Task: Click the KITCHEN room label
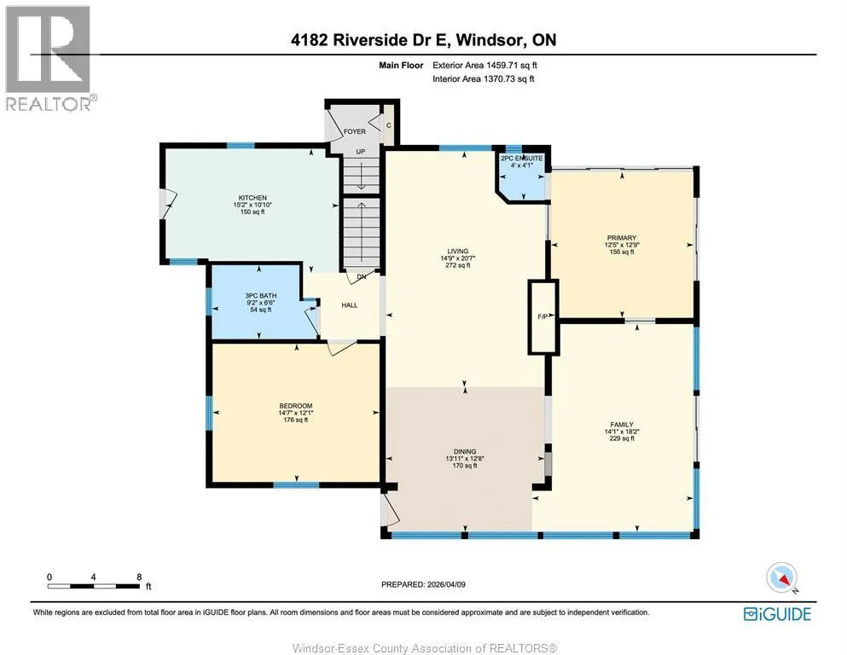[252, 198]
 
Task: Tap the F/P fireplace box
[542, 317]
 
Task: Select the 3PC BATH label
[261, 295]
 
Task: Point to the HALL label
[350, 305]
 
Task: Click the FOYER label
[355, 131]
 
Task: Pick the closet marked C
[388, 125]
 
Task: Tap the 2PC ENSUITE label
[522, 159]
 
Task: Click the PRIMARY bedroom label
[622, 238]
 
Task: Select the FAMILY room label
[622, 425]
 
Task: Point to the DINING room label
[465, 451]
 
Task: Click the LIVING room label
[457, 251]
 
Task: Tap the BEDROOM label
[295, 406]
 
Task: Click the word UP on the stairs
[360, 152]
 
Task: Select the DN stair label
[362, 276]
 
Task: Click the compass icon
[781, 577]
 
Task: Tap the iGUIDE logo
[777, 614]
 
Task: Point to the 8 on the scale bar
[139, 577]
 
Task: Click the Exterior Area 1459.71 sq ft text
[484, 66]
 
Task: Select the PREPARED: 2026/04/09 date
[423, 584]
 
